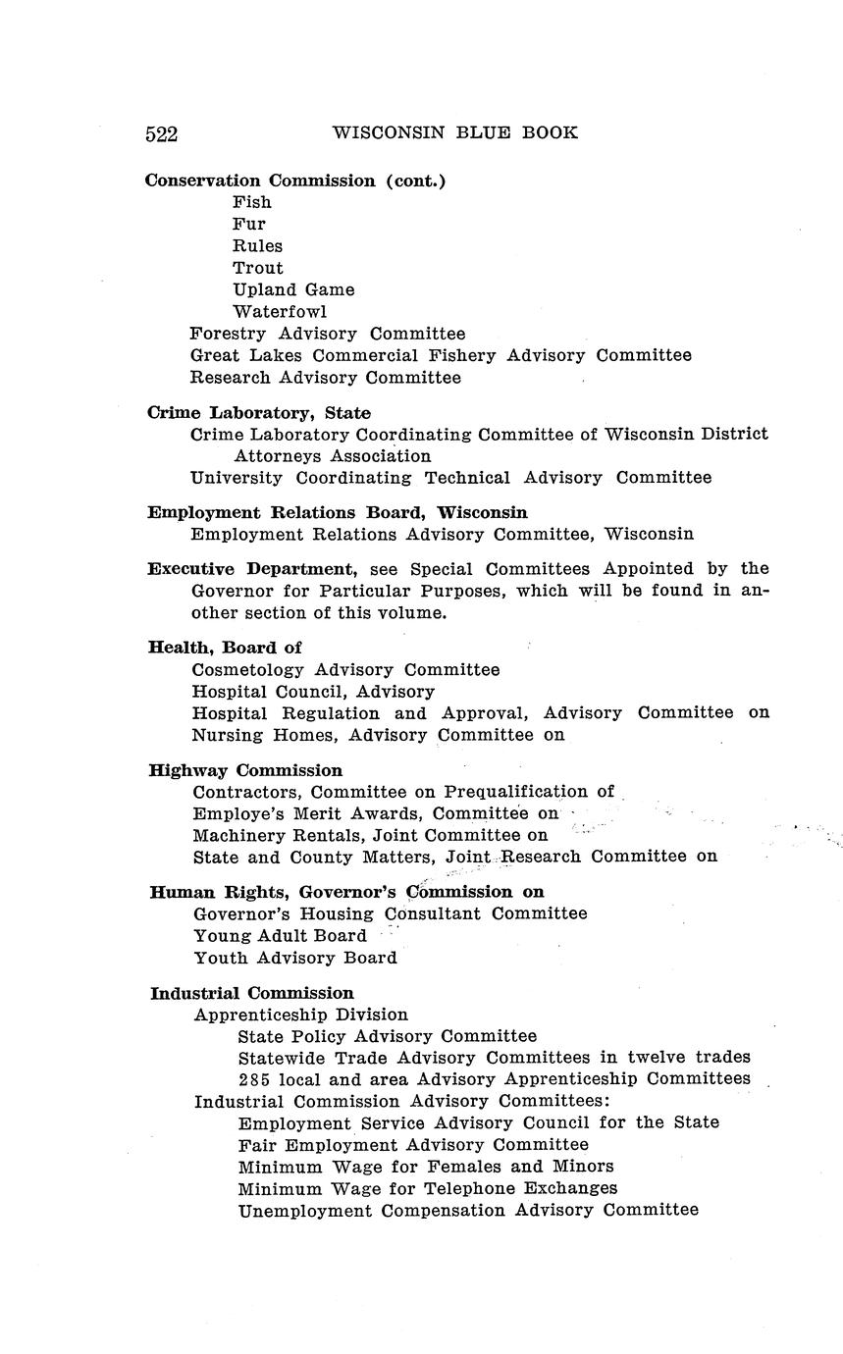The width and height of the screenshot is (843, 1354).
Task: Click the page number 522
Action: [161, 133]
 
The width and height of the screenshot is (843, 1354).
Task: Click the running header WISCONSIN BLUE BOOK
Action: [454, 132]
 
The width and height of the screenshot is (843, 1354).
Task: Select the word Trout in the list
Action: [257, 268]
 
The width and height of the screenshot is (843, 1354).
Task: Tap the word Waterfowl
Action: [280, 312]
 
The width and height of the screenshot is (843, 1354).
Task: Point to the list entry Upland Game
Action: [293, 289]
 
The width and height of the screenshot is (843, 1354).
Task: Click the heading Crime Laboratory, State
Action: [259, 413]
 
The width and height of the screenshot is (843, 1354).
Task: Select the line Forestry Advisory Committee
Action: [328, 334]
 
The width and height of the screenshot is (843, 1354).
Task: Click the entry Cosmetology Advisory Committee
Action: [345, 670]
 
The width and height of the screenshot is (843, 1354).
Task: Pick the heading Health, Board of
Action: [225, 648]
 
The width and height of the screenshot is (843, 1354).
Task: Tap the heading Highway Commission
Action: [245, 770]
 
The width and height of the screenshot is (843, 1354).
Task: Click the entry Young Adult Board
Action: [280, 936]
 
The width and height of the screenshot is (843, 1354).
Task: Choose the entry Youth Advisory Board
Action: [295, 958]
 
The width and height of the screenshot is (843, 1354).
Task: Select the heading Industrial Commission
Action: [252, 993]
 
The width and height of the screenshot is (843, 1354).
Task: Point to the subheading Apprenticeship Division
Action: [301, 1015]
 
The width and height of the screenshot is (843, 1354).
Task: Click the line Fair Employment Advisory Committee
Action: [413, 1145]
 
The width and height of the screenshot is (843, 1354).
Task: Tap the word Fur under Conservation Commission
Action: [249, 224]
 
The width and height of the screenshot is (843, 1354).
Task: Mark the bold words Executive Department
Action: [251, 569]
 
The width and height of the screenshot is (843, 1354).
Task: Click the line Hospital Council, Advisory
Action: [313, 692]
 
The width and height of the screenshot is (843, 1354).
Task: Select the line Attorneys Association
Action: [333, 456]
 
